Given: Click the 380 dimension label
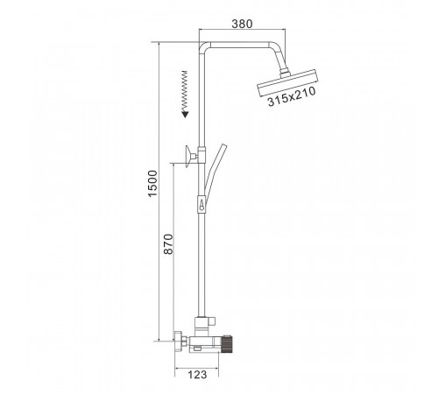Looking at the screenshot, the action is coord(242,24).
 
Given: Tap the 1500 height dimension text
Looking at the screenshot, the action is coord(152,184).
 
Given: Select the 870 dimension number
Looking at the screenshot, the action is coord(168,244).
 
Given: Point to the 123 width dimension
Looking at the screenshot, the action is coord(197,375).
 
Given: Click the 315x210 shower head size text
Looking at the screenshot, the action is coord(292,97).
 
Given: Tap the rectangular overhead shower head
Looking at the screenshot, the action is coord(288,83).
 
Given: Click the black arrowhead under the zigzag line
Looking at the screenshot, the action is coord(185,114).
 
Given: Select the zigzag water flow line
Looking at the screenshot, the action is coord(184,91).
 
